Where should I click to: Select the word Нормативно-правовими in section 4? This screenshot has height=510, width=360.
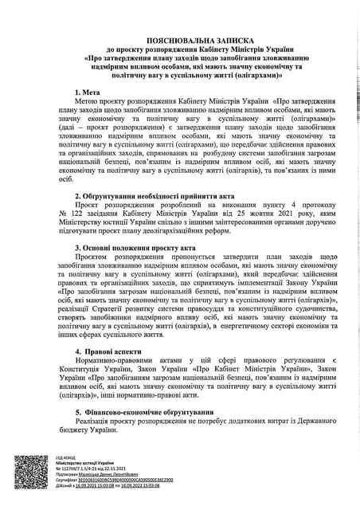point(112,361)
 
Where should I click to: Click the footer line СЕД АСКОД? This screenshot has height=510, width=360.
point(67,457)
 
